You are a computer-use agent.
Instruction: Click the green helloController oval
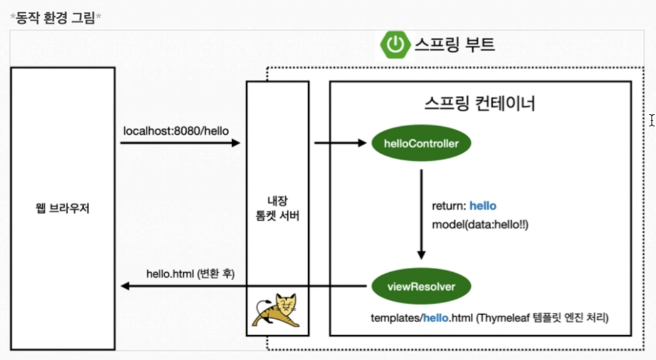421,144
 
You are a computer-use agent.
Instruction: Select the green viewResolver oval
421,286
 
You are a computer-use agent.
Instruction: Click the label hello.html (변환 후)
191,273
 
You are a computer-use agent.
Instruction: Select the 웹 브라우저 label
63,208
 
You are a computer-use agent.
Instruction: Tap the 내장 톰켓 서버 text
277,208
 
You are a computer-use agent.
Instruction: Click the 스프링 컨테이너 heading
480,103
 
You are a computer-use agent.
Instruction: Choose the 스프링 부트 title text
454,45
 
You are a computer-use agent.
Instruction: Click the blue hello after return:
483,206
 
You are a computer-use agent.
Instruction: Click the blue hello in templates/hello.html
438,319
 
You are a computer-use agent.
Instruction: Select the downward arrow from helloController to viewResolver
421,213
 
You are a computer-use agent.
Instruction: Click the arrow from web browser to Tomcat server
179,144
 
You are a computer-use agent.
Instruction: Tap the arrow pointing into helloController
340,144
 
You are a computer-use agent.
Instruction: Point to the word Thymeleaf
501,319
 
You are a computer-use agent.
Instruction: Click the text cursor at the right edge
652,120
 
